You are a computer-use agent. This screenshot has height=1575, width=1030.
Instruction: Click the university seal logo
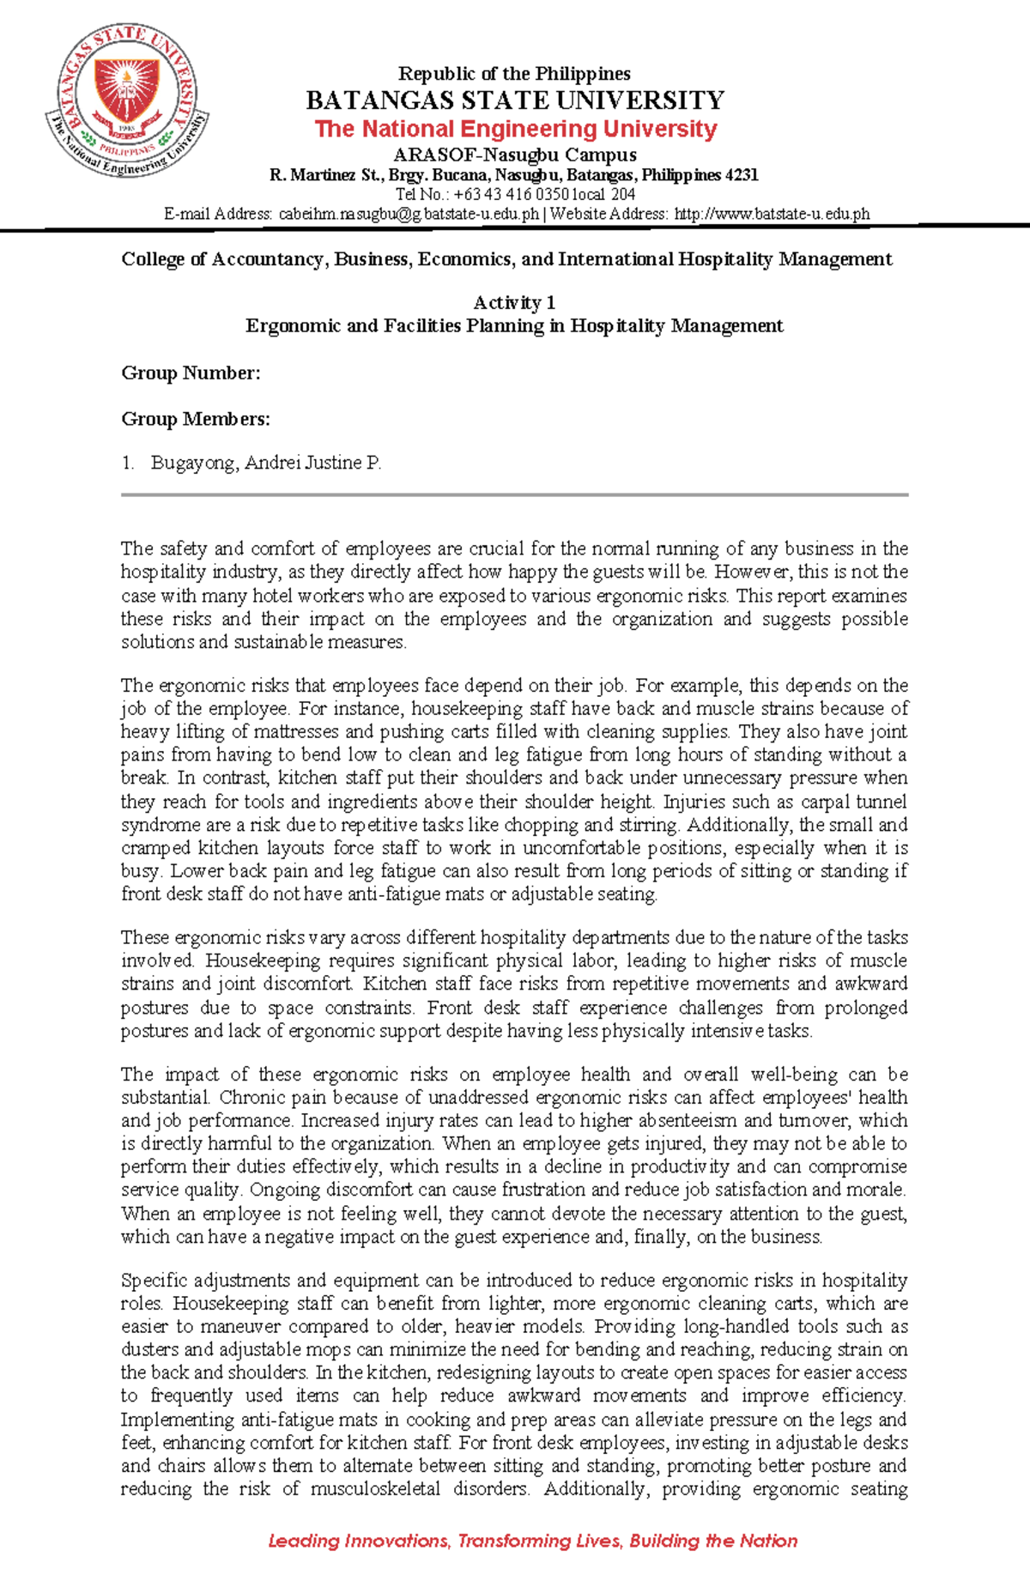tap(126, 101)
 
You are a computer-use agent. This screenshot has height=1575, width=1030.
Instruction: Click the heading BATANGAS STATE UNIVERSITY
tap(515, 100)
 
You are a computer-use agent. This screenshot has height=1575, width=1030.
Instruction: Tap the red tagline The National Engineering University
tap(515, 129)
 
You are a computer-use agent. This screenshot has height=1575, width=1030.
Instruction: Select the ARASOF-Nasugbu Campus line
tap(515, 155)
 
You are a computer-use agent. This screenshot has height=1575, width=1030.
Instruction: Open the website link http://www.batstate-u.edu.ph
tap(772, 215)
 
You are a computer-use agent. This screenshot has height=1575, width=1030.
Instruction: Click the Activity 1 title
tap(514, 303)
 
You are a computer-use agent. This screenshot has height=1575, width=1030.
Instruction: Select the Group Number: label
tap(191, 373)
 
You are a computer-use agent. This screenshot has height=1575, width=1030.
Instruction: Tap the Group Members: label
tap(196, 419)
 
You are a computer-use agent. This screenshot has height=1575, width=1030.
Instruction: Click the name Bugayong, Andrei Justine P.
tap(266, 463)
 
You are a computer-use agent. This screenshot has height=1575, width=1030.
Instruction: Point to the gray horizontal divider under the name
tap(514, 495)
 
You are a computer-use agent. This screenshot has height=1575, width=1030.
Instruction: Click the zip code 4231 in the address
tap(742, 176)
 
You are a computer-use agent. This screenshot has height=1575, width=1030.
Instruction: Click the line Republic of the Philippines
tap(514, 74)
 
